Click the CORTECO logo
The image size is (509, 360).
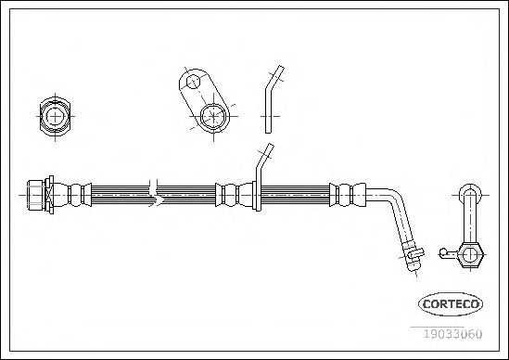coord(451,304)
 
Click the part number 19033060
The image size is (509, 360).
coord(452,334)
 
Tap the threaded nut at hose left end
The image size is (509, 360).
coord(36,195)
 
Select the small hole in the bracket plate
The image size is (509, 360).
coord(194,82)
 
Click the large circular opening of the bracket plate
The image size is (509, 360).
coord(213,116)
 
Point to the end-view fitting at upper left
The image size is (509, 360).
coord(55,116)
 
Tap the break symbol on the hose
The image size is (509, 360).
coord(155,193)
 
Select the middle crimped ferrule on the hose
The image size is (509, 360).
coord(234,195)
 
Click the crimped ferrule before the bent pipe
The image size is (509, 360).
coord(348,195)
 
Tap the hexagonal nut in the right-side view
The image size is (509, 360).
coord(470,255)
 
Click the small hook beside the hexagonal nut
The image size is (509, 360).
coord(447,253)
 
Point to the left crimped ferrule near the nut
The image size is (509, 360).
coord(72,195)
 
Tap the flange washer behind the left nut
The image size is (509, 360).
coord(49,195)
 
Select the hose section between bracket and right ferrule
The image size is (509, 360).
coord(295,195)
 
